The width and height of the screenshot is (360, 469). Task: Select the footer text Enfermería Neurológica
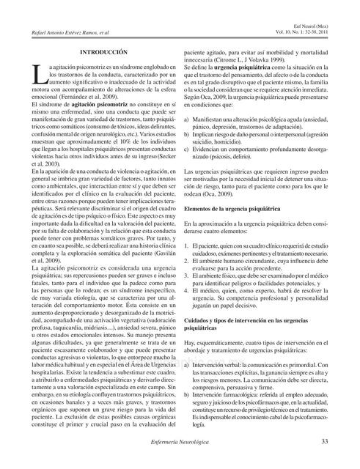180,442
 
